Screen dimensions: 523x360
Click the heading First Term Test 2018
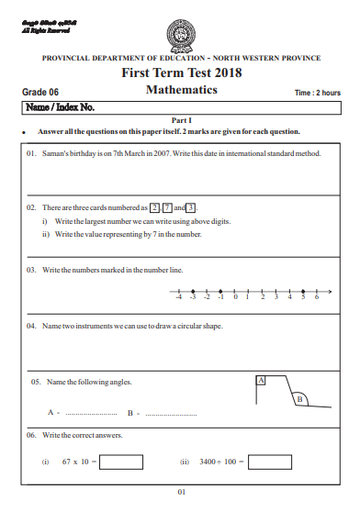point(181,73)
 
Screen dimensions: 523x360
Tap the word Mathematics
point(181,90)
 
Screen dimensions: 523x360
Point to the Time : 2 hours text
point(317,93)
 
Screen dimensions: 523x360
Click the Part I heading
point(181,121)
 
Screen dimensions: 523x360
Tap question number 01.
point(31,154)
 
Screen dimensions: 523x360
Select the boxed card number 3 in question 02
point(191,208)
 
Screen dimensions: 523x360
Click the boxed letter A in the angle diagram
point(261,379)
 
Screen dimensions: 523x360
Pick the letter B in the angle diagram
point(298,399)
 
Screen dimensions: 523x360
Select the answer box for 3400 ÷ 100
point(276,462)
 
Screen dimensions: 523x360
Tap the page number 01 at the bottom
point(181,493)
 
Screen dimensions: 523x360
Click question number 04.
point(31,326)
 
